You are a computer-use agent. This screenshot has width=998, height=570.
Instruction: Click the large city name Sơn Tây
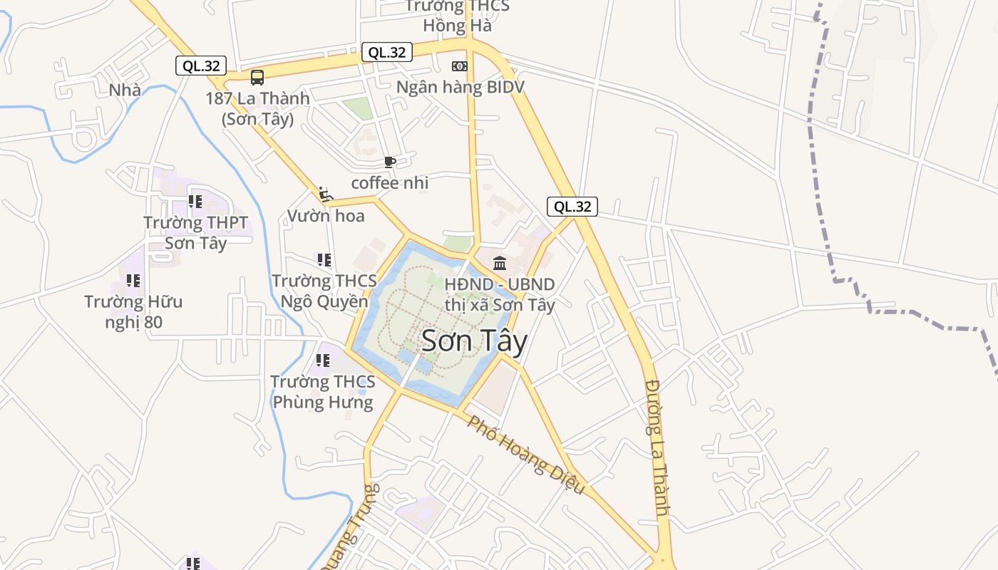click(474, 341)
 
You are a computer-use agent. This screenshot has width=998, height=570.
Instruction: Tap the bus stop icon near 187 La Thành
click(257, 77)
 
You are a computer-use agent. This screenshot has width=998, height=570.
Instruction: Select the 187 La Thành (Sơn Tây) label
click(257, 108)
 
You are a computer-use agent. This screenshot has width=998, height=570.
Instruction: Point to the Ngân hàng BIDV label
click(460, 87)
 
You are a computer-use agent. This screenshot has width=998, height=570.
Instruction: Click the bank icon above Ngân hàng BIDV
click(460, 66)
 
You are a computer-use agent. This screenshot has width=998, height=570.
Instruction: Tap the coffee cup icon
click(389, 162)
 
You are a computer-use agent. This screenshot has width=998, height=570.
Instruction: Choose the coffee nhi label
click(390, 183)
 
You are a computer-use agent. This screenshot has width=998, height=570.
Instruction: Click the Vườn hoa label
click(326, 215)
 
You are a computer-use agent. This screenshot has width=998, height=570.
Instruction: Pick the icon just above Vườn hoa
click(325, 194)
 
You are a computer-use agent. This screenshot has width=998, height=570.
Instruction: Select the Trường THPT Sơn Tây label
click(196, 233)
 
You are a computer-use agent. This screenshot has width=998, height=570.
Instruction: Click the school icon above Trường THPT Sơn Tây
click(195, 202)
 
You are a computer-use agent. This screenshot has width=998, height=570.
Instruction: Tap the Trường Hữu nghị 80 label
click(133, 312)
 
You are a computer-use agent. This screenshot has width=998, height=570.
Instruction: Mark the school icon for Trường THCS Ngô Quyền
click(324, 260)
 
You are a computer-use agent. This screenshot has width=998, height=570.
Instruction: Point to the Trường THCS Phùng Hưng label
click(323, 392)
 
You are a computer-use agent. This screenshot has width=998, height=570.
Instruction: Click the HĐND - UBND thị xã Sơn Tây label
click(499, 294)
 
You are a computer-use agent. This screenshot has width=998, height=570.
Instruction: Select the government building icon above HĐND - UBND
click(500, 264)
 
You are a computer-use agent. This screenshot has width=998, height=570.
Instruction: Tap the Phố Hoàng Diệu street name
click(525, 455)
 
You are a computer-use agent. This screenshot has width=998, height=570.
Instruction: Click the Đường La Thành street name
click(657, 447)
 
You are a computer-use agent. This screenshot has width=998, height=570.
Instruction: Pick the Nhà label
click(125, 90)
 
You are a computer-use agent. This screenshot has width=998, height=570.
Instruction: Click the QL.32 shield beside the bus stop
click(201, 66)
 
